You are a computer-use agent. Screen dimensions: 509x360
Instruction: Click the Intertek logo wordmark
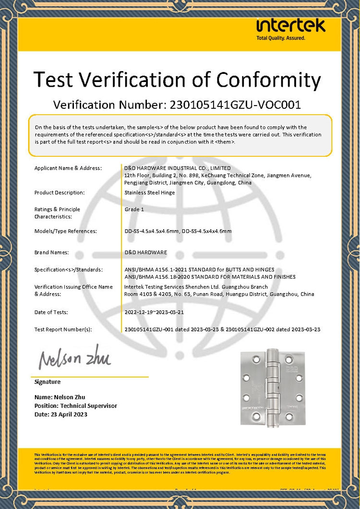pos(291,25)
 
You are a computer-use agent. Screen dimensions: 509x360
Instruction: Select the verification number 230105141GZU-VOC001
pos(233,105)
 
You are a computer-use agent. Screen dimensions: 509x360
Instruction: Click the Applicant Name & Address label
pos(68,168)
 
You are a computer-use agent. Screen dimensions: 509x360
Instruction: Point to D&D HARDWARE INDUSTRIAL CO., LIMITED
pos(178,168)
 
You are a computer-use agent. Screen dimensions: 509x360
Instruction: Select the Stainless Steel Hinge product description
pos(150,193)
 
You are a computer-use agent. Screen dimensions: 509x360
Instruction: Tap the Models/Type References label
pos(66,231)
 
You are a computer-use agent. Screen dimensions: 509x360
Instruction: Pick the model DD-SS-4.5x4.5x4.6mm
pos(151,231)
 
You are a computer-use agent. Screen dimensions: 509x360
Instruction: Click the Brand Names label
pos(52,252)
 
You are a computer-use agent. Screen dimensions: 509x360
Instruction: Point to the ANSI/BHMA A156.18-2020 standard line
pos(210,277)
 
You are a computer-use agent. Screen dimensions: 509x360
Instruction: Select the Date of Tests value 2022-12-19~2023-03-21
pos(154,312)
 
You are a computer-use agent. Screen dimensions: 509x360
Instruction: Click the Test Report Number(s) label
pos(63,330)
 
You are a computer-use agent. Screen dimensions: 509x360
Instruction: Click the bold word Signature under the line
pos(48,382)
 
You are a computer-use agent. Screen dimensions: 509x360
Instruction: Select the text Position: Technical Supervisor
pos(76,406)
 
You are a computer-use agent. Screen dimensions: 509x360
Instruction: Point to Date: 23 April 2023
pos(61,414)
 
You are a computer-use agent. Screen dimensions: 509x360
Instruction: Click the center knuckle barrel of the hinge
pos(271,388)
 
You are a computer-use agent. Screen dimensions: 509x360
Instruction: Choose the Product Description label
pos(60,193)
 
